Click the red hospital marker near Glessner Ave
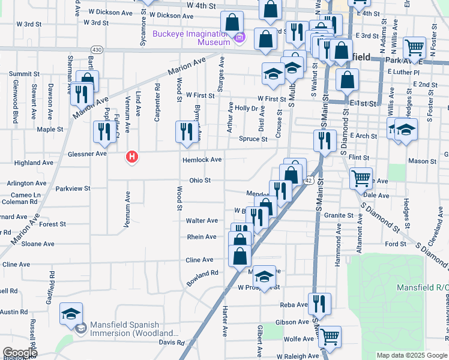pos(131,158)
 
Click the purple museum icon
pos(240,38)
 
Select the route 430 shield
pos(96,49)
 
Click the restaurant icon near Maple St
pos(104,132)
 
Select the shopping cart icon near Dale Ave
pos(360,178)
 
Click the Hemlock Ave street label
pos(202,160)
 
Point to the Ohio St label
pos(200,180)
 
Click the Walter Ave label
pos(202,221)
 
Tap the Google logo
pos(20,353)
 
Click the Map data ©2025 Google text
pos(411,355)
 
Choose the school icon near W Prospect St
pos(264,277)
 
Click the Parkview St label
pos(73,188)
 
